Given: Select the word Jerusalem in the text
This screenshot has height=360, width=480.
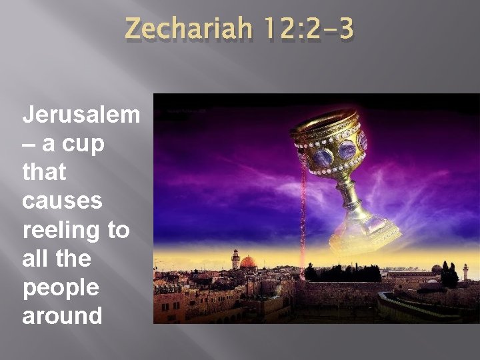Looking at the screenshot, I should [81, 115].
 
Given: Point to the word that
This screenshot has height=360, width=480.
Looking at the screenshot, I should [44, 172].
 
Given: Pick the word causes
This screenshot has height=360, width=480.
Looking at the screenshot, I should [63, 201].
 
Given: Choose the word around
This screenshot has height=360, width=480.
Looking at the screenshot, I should [62, 315].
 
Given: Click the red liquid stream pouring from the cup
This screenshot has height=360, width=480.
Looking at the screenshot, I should [304, 220].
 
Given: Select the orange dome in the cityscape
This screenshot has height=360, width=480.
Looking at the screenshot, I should [249, 261].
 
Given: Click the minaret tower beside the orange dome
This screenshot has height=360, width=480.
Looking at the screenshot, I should [235, 259].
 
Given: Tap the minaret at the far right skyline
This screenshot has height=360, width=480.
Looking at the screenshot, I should [465, 271].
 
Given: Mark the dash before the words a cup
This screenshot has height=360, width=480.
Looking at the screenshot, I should [31, 143].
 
